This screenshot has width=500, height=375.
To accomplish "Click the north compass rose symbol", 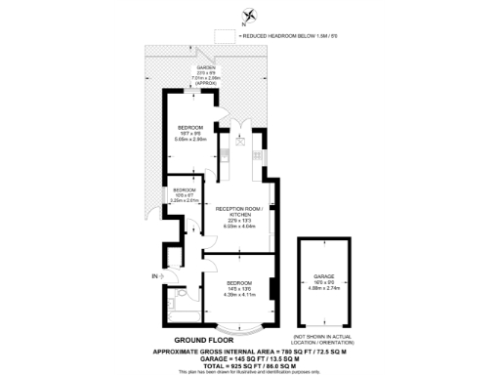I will [250, 15].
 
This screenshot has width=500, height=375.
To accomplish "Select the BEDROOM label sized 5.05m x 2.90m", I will [189, 128].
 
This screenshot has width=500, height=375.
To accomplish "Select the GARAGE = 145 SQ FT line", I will [250, 356].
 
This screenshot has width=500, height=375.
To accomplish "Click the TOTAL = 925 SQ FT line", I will [250, 364].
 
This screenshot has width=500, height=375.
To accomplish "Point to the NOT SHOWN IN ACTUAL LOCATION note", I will [324, 338].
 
